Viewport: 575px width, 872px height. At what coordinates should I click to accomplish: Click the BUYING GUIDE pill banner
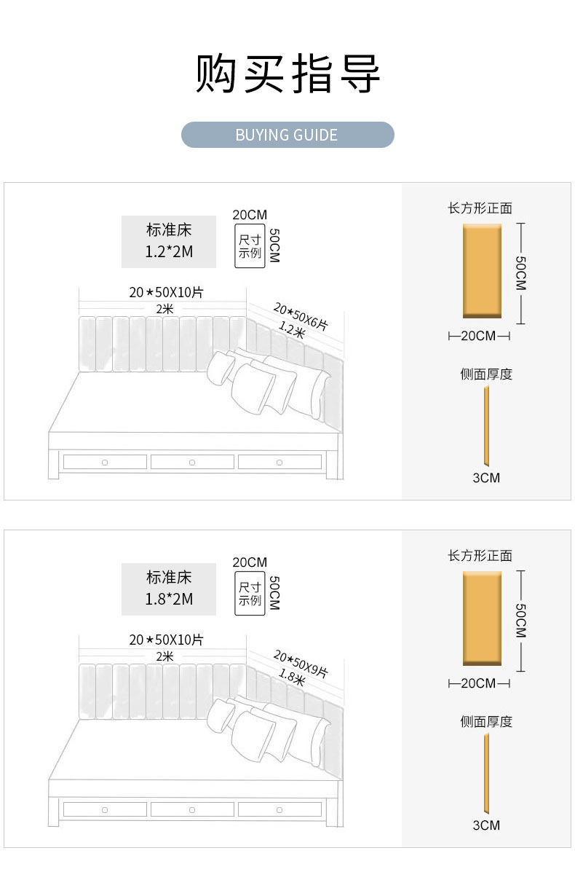[287, 135]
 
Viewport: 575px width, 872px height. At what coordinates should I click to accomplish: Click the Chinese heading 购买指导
[287, 74]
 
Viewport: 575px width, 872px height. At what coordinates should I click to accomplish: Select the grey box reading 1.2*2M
[169, 242]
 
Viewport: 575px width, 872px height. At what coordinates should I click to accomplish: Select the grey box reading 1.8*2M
[169, 589]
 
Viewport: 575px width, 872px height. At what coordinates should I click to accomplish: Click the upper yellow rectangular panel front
[483, 270]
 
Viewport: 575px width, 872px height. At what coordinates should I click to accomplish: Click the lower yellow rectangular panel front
[483, 618]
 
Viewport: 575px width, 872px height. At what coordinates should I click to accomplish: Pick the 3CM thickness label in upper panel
[486, 478]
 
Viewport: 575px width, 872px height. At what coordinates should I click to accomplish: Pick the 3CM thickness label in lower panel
[486, 825]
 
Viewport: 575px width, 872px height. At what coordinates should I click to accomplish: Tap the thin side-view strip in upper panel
[486, 426]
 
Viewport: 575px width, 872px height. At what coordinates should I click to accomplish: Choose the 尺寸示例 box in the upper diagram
[250, 247]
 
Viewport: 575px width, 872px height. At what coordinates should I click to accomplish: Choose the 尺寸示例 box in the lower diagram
[250, 594]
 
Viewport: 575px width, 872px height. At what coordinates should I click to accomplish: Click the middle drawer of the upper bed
[192, 462]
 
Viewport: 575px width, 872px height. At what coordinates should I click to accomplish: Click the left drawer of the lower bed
[105, 809]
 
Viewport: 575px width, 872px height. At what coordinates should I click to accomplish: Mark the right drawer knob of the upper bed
[279, 462]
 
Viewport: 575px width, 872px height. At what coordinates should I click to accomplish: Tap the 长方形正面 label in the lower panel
[480, 556]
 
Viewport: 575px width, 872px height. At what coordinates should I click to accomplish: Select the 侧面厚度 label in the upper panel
[486, 374]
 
